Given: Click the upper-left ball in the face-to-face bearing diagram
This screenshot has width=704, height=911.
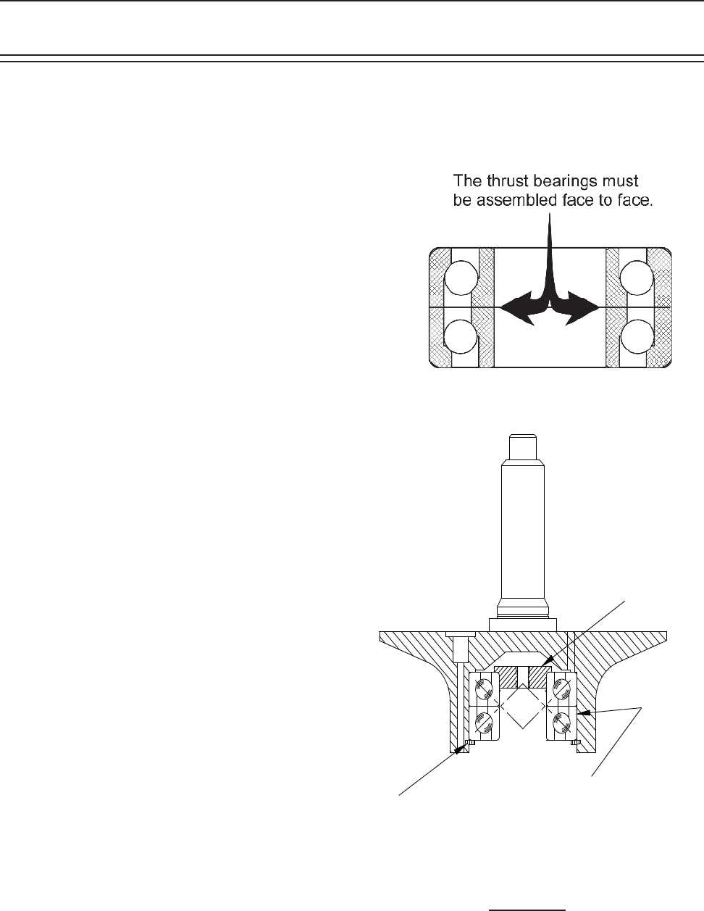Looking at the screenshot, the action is [461, 278].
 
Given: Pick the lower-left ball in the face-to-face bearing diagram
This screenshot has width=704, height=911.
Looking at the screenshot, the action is [461, 337].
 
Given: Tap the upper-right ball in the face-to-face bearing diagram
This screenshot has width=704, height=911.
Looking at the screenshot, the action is [637, 278].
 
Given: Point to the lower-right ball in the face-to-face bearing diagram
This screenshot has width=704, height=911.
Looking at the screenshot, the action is [637, 337].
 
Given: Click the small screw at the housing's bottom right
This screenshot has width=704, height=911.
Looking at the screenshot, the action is [575, 742].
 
